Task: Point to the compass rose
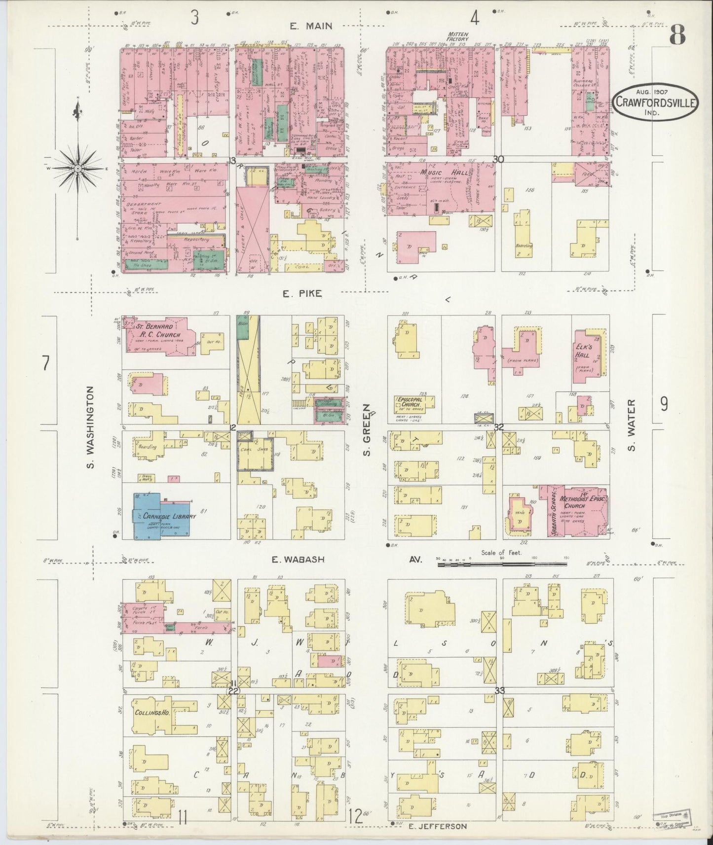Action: pyautogui.click(x=78, y=169)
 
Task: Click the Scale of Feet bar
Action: pyautogui.click(x=502, y=563)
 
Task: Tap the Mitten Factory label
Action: pyautogui.click(x=457, y=37)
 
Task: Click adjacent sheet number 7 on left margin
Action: pyautogui.click(x=45, y=363)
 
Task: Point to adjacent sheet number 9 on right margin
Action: pyautogui.click(x=664, y=404)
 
